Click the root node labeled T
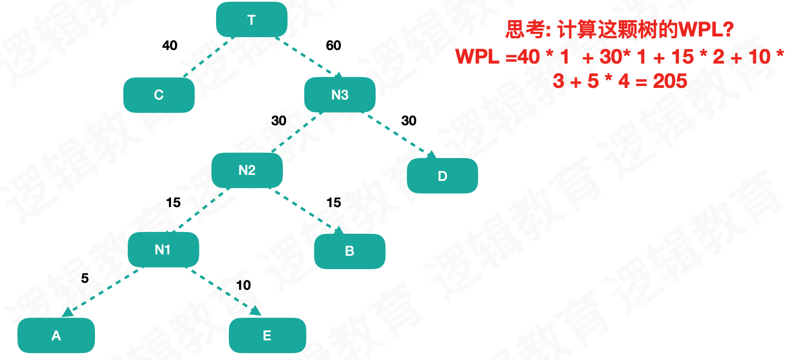[252, 20]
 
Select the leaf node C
[159, 95]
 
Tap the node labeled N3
[340, 95]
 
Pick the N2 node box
[247, 170]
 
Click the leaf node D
[443, 176]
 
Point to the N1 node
[163, 250]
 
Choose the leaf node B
[349, 251]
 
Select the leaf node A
[56, 335]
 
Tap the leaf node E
[267, 335]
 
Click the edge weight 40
[170, 45]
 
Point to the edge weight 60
[334, 45]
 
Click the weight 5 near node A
[85, 278]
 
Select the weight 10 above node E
[243, 285]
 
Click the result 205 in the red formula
[670, 81]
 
